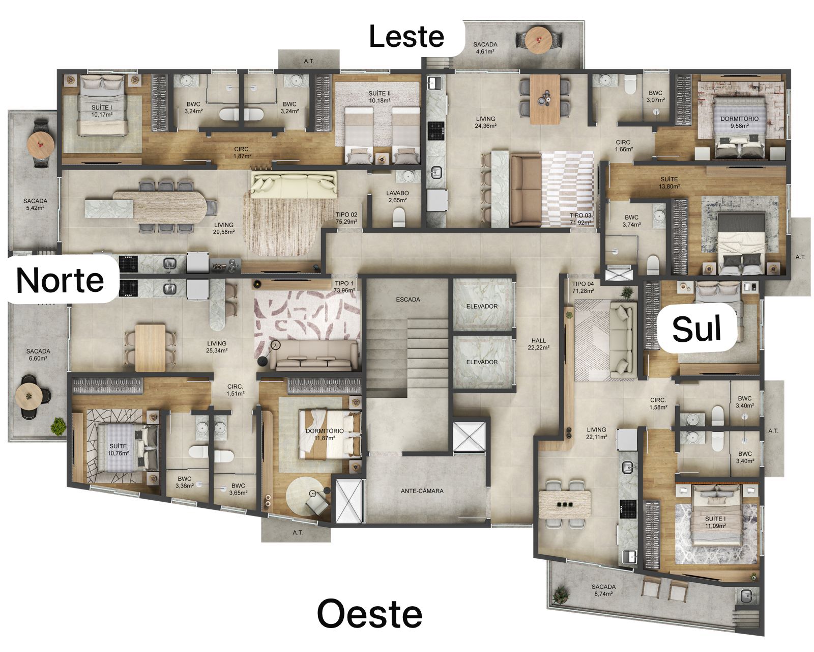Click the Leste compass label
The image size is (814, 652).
tap(406, 36)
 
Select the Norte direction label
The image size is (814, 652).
tap(60, 280)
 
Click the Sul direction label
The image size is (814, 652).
tap(696, 329)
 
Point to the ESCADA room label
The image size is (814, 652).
tap(408, 300)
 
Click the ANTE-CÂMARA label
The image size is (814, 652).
tap(422, 491)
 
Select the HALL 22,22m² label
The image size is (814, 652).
tap(538, 344)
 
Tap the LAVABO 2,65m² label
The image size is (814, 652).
tap(397, 196)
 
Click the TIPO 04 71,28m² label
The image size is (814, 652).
tap(583, 287)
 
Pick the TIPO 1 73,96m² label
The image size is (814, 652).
tap(344, 287)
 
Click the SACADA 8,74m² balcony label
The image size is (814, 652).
tap(603, 590)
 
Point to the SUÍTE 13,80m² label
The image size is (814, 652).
tap(669, 182)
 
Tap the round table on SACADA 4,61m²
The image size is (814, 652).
tap(539, 39)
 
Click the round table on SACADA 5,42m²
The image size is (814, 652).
tap(41, 144)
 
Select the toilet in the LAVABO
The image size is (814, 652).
tap(399, 219)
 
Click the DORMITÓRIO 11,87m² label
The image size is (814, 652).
tap(325, 434)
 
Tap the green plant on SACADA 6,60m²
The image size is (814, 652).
tap(58, 426)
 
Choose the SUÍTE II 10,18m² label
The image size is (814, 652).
tap(380, 97)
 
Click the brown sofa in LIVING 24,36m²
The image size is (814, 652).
tap(526, 189)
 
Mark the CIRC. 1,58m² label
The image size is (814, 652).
tap(658, 403)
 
